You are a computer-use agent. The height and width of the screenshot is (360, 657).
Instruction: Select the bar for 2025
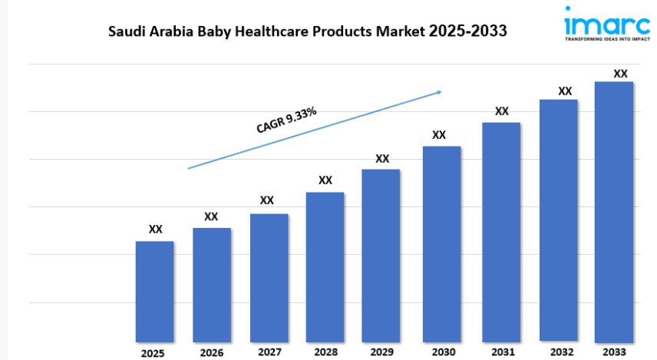pyautogui.click(x=155, y=291)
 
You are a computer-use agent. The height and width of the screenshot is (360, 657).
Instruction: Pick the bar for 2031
pyautogui.click(x=501, y=231)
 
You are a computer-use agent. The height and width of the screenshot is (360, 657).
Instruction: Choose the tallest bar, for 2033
pyautogui.click(x=614, y=211)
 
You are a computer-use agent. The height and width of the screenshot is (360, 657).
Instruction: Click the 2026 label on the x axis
pyautogui.click(x=212, y=353)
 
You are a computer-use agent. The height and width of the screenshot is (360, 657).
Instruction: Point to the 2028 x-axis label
pyautogui.click(x=325, y=352)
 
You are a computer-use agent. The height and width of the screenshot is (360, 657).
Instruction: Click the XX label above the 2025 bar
pyautogui.click(x=155, y=229)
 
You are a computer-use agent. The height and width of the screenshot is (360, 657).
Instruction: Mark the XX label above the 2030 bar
pyautogui.click(x=439, y=134)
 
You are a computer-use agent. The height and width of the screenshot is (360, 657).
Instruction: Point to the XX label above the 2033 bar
pyautogui.click(x=620, y=74)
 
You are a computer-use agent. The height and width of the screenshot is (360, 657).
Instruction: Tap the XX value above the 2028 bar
pyautogui.click(x=325, y=180)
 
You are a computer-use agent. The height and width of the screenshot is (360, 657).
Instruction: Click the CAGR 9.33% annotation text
pyautogui.click(x=286, y=121)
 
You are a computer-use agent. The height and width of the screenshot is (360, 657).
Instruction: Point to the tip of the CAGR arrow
pyautogui.click(x=442, y=91)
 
